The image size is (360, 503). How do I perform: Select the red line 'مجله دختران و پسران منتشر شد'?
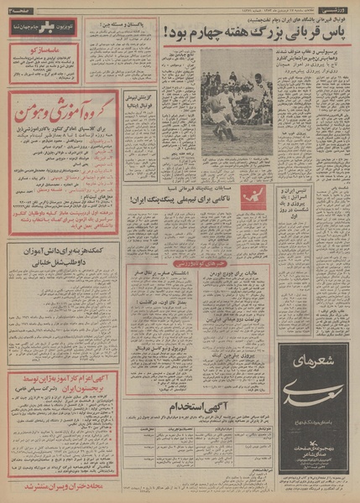pyautogui.click(x=46, y=485)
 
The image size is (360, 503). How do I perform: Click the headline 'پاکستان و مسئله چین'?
pyautogui.click(x=117, y=27)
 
